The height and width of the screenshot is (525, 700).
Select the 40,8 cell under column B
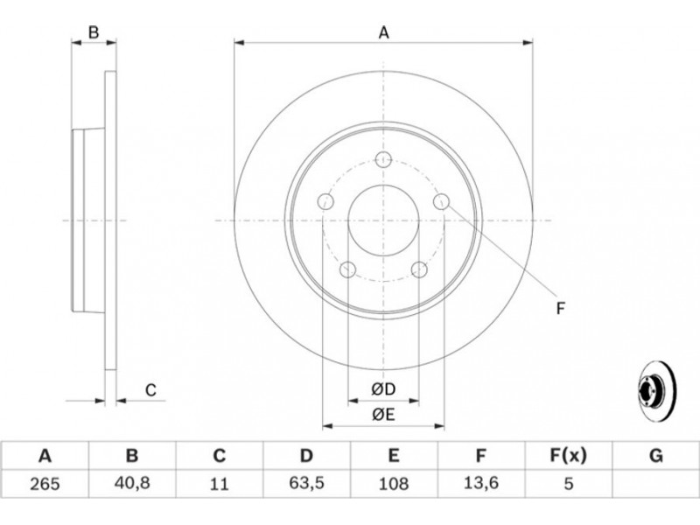[132, 482]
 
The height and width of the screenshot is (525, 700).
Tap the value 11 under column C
[220, 482]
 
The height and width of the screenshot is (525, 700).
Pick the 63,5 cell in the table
[306, 482]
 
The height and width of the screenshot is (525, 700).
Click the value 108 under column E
[394, 482]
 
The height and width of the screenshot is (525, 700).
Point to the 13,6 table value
[481, 482]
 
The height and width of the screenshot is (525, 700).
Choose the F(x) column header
[569, 456]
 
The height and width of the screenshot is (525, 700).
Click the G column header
[656, 456]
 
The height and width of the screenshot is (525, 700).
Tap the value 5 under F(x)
[569, 482]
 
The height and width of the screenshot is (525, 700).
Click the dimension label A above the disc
[383, 33]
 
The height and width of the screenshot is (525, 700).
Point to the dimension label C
[150, 390]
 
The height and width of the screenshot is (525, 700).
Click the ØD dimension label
[383, 388]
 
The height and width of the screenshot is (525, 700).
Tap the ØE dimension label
[383, 416]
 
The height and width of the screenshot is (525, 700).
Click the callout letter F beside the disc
[560, 307]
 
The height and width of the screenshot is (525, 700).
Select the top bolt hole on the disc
[383, 159]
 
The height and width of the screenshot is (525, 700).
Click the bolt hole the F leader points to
[442, 202]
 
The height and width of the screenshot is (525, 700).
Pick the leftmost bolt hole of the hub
[325, 202]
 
